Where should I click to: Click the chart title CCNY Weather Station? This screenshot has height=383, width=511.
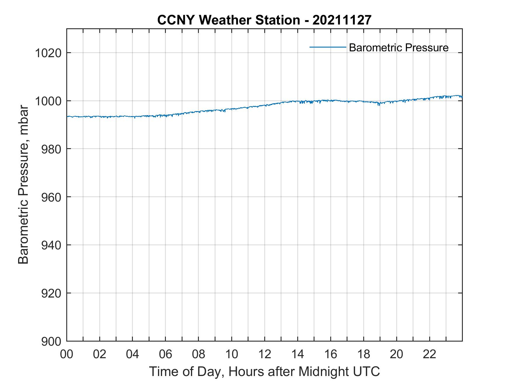pos(264,20)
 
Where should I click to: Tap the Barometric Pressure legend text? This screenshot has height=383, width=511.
pos(399,48)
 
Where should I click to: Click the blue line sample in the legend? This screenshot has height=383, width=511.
pos(328,47)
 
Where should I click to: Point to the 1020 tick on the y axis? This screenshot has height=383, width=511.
pos(48,53)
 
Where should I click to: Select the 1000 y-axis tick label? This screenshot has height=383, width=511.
pos(48,101)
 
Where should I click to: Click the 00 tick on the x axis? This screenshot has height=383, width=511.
pos(67,354)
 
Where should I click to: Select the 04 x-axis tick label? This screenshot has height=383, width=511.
pos(133,354)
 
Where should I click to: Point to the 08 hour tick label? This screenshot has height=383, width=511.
pos(199,354)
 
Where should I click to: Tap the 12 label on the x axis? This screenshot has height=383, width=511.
pos(265,354)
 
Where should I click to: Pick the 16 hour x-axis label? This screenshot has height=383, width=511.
pos(331,354)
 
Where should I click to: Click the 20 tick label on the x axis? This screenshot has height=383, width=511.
pos(397,354)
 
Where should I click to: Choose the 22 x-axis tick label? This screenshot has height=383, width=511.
pos(430,354)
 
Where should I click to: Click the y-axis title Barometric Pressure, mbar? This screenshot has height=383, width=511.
pos(23,185)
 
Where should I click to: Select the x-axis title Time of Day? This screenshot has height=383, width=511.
pos(264,372)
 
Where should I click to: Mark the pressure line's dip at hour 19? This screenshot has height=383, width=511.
pos(379,104)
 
